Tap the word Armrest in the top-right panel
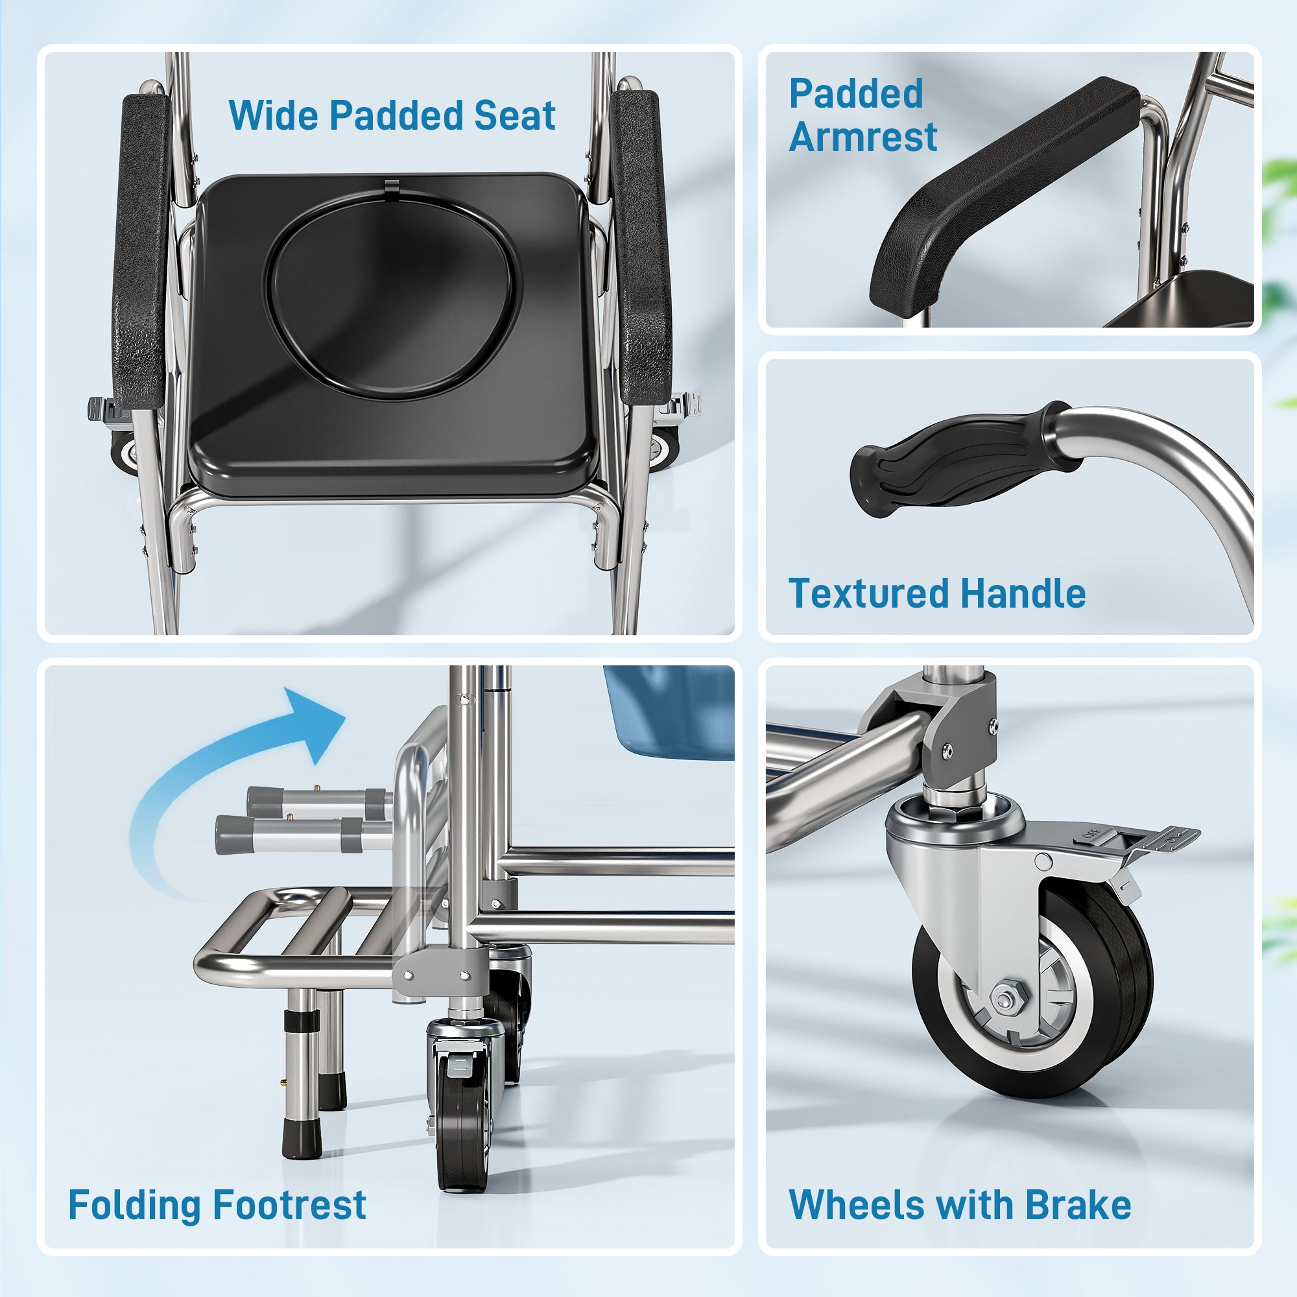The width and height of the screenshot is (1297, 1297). click(863, 137)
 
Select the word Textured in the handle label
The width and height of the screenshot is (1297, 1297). click(869, 594)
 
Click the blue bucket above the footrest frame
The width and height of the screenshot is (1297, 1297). click(671, 711)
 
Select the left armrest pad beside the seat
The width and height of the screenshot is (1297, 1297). click(140, 248)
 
